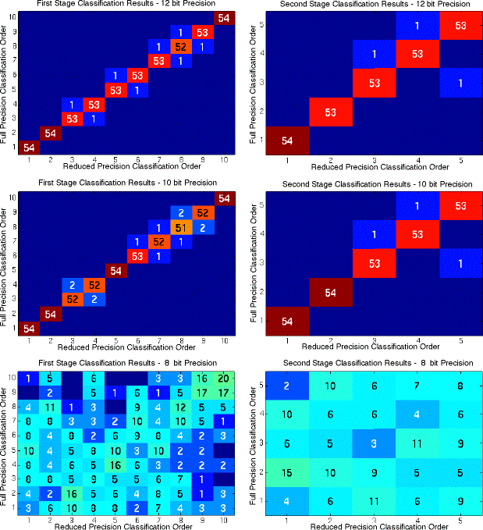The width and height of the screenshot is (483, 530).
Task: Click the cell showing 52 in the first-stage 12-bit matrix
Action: click(x=180, y=47)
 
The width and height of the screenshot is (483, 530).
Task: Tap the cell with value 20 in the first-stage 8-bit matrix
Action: click(x=224, y=378)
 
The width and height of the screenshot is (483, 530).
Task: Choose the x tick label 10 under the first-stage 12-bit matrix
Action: click(x=224, y=160)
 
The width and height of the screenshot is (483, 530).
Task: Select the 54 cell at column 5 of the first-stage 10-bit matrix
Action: click(x=115, y=271)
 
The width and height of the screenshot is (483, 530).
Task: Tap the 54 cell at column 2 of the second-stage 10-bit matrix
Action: click(x=329, y=293)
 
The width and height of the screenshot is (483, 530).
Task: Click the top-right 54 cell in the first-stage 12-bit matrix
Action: click(x=224, y=18)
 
